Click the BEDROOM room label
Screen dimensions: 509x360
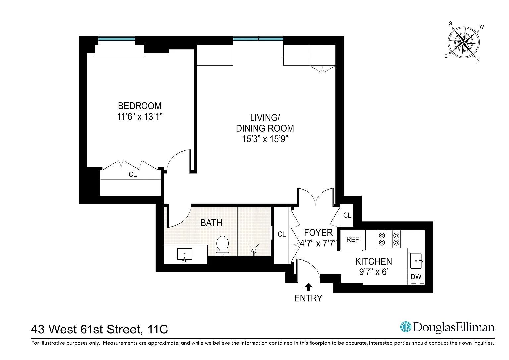pos(140,106)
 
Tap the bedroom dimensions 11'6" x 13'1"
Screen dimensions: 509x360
pos(140,117)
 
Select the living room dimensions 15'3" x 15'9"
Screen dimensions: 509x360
pos(265,139)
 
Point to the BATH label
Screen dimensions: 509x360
pos(211,223)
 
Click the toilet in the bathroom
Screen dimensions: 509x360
pos(222,246)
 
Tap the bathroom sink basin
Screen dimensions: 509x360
pos(185,254)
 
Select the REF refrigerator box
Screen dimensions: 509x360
pos(353,240)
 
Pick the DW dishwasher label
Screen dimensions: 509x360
pos(416,276)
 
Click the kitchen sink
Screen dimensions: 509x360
pos(416,261)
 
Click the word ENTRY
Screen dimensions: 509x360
pos(308,298)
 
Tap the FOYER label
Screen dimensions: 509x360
pos(318,233)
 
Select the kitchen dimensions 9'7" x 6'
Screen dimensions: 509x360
pos(373,272)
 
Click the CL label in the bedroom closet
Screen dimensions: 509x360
pos(133,175)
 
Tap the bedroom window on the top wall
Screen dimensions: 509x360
pos(117,39)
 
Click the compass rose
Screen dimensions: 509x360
pos(464,42)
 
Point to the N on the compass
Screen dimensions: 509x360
pos(478,60)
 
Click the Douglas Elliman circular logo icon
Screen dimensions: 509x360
pos(406,327)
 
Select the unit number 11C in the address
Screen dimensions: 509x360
pos(158,329)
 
